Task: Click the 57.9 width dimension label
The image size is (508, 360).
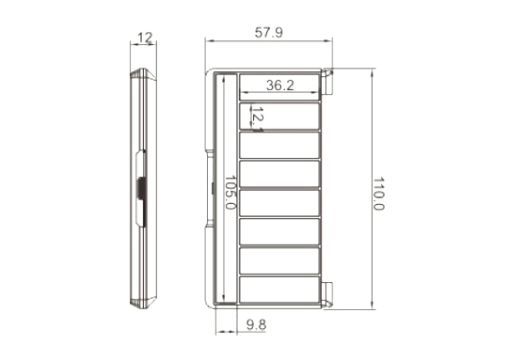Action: (x=268, y=32)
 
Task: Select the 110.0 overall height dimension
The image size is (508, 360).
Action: (x=378, y=194)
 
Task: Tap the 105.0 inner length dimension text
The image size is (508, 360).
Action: (x=230, y=193)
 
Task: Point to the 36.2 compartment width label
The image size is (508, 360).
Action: (x=280, y=86)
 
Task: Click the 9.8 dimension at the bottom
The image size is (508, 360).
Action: (x=256, y=324)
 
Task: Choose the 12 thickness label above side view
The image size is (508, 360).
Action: (x=145, y=38)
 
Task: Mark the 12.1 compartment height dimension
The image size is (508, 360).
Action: (x=257, y=118)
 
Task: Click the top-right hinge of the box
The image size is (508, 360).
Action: (x=327, y=82)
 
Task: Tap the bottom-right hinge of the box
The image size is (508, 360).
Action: (x=327, y=294)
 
